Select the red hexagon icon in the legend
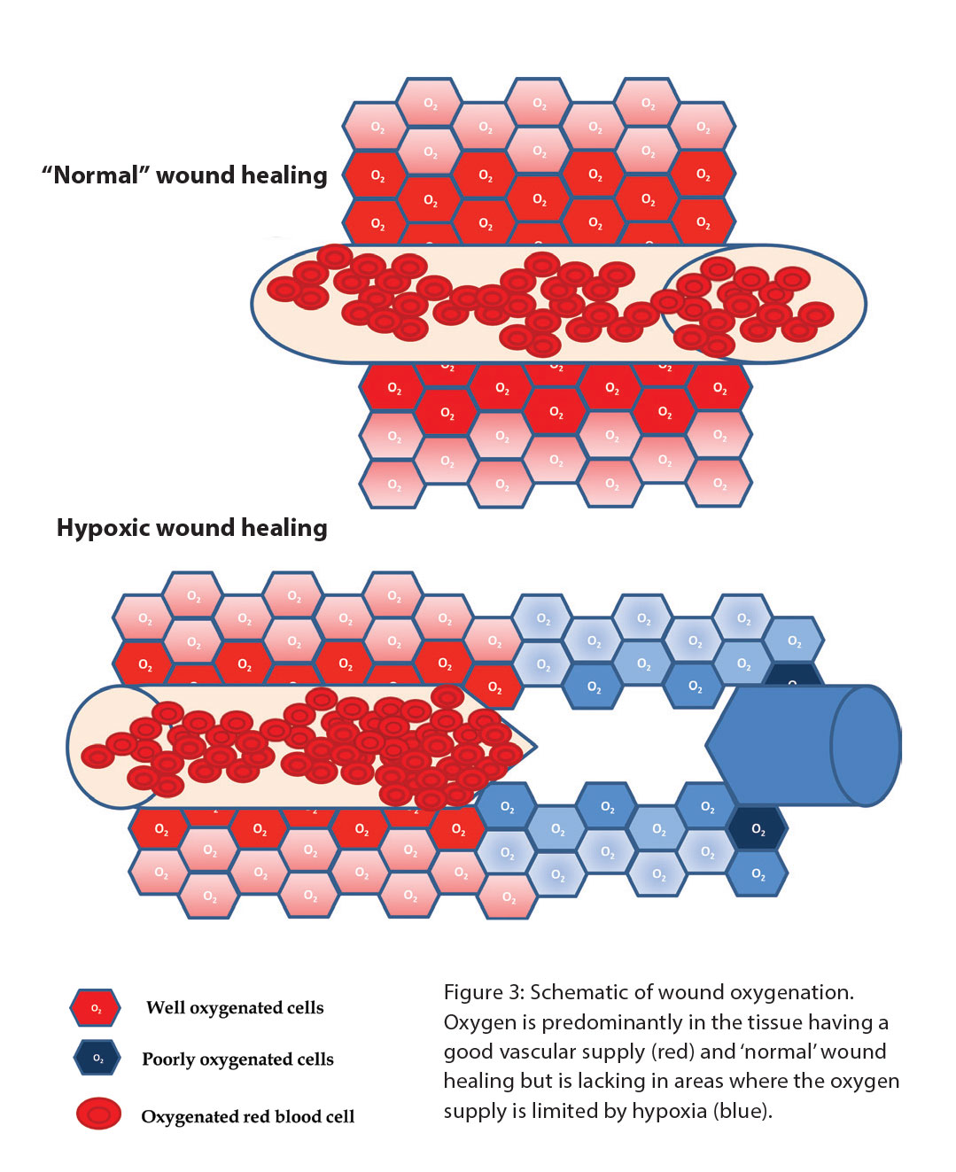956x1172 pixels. pos(96,1008)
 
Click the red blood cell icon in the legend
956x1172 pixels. pos(98,1114)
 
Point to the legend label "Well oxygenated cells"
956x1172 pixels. pos(235,1008)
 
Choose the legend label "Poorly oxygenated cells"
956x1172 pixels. pos(237,1059)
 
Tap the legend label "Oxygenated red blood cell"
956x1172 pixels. pos(247,1117)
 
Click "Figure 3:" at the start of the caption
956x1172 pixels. pos(484,993)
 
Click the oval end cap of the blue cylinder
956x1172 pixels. pos(866,746)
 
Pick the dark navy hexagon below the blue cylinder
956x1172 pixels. pos(757,829)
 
